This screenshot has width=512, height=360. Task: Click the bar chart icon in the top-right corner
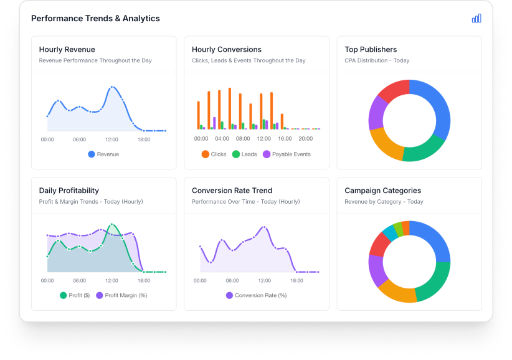tap(476, 19)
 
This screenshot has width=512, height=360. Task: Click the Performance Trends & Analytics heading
tap(95, 19)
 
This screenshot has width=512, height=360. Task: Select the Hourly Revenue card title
tap(67, 49)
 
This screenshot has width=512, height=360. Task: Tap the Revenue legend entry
tap(103, 154)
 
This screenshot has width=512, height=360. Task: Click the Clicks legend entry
tap(214, 154)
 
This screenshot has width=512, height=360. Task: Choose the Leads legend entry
tap(245, 154)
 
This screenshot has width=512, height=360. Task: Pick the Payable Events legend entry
tap(287, 154)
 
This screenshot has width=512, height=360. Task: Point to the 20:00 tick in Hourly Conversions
tap(306, 139)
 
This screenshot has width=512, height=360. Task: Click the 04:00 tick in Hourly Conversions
tap(222, 139)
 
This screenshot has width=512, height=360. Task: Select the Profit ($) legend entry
tap(75, 295)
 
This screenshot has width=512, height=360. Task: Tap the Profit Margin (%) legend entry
tap(121, 295)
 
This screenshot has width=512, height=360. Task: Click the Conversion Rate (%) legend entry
tap(256, 295)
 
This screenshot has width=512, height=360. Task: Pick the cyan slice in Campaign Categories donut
tap(389, 232)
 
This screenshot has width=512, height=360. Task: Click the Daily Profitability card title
tap(69, 191)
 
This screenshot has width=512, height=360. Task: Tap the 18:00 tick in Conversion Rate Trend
tap(296, 281)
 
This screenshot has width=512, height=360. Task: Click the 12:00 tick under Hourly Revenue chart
tap(111, 140)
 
